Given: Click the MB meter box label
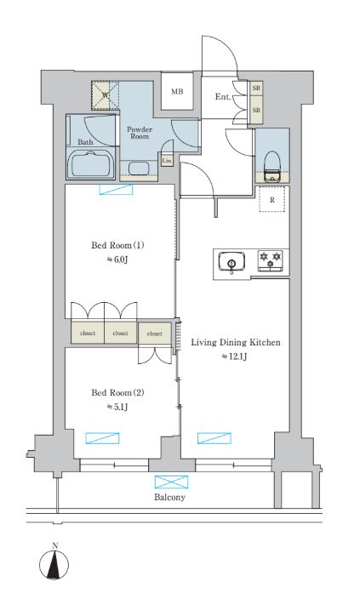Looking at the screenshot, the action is tap(177, 92).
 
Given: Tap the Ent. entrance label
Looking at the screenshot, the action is tap(223, 97).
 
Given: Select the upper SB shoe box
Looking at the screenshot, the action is tap(256, 88).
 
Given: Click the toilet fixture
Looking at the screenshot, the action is tap(272, 166).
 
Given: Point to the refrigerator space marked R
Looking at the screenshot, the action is tap(272, 199).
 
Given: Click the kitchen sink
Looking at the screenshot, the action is tap(231, 262).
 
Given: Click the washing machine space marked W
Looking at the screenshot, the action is tap(105, 95).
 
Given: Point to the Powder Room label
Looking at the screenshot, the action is tap(140, 133).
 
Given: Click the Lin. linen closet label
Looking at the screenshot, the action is tap(166, 161).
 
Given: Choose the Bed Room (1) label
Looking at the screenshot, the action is tap(117, 245).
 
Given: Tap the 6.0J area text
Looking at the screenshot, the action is tap(117, 260).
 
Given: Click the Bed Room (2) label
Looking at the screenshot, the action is tap(117, 392).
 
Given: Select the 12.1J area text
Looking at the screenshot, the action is tap(235, 357).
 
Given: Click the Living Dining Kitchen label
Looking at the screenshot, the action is tap(236, 342).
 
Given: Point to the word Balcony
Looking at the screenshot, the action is tap(169, 497).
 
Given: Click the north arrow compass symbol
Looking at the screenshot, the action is tap(54, 563).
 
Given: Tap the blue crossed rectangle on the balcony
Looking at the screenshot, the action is tap(172, 482).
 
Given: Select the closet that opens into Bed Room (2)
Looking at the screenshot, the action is tap(154, 334).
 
